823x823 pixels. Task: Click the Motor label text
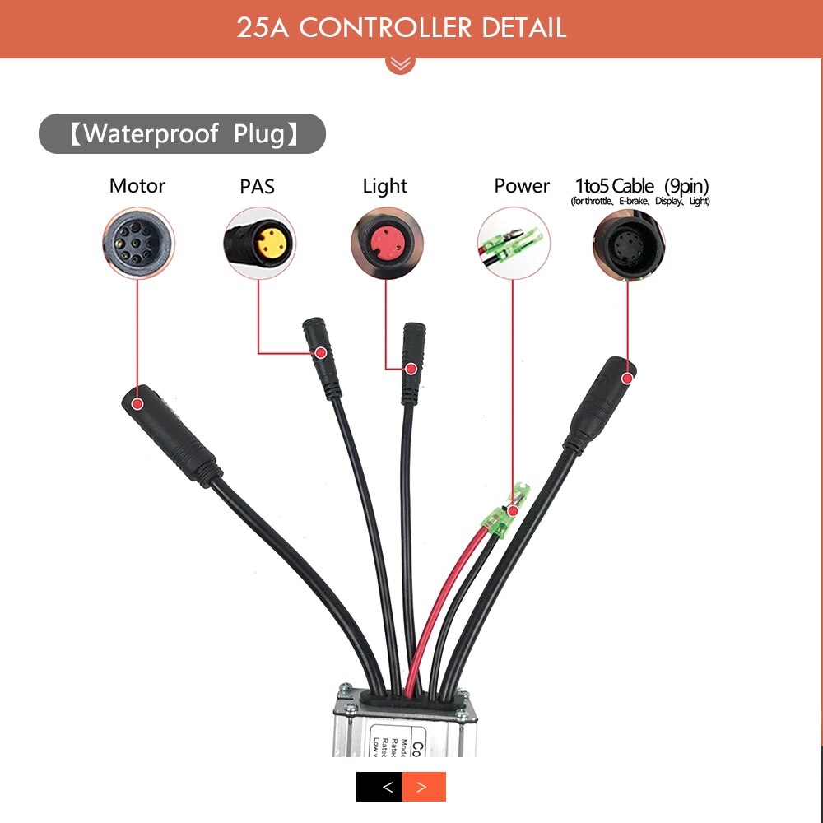137,186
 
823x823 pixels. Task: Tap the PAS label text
257,187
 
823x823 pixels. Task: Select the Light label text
385,186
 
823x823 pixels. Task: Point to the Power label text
522,186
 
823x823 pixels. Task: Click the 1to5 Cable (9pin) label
641,185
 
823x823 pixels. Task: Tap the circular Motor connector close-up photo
138,243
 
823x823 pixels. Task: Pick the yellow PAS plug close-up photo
258,243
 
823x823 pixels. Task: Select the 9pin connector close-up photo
629,243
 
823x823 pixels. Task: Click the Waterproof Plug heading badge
182,133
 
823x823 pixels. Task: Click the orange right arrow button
424,787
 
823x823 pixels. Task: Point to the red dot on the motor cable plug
137,404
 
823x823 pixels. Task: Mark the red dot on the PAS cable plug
321,353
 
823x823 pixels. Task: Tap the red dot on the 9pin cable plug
628,378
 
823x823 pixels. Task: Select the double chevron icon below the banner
401,63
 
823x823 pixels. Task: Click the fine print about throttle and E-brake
640,202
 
